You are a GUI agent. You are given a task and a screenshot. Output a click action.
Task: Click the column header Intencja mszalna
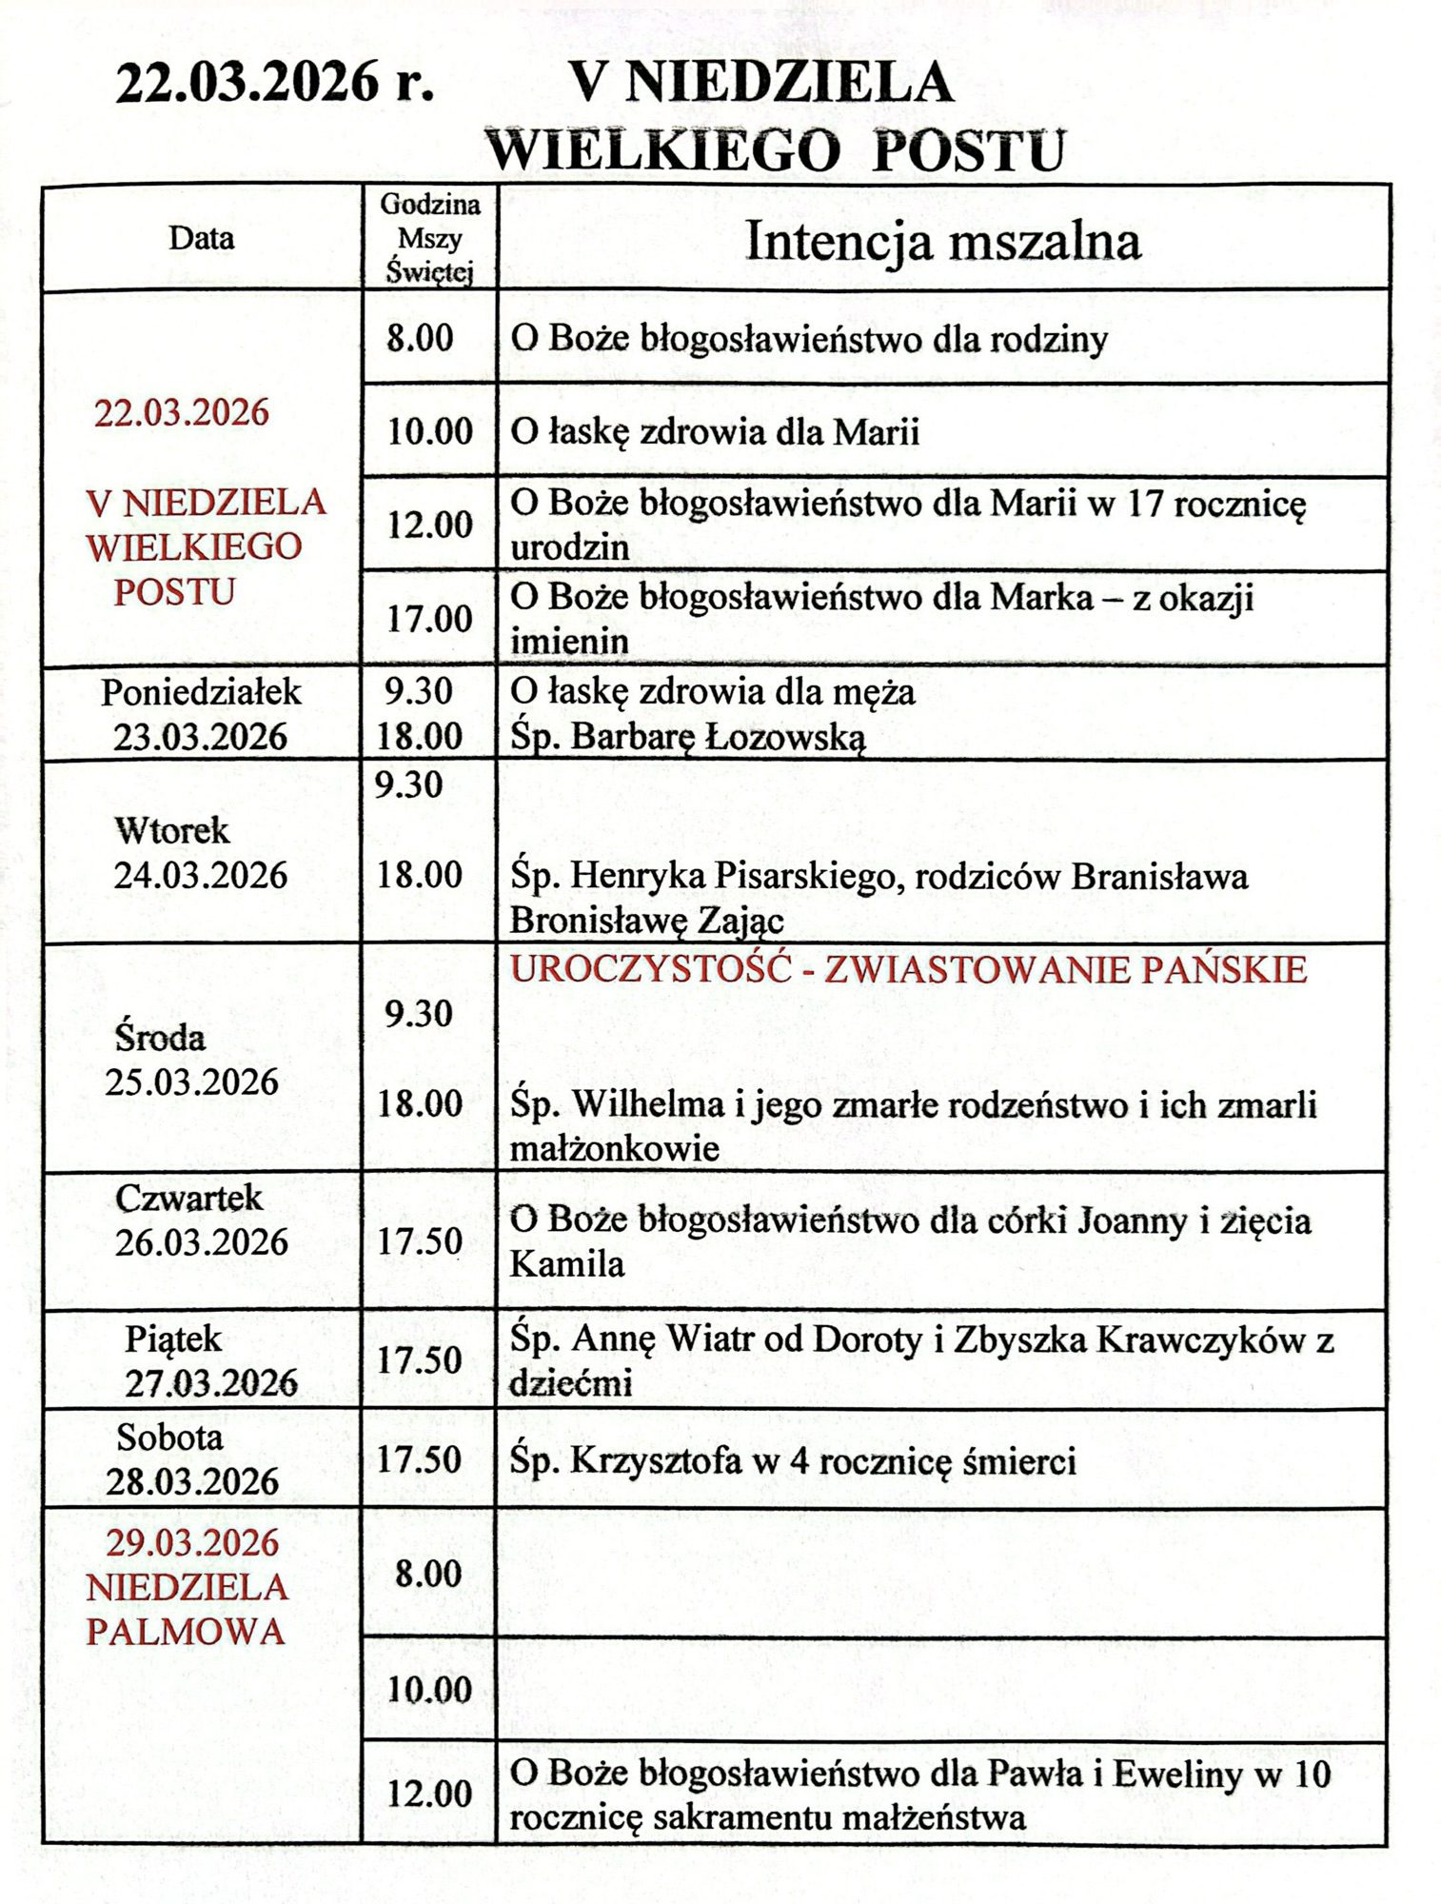[x=942, y=241]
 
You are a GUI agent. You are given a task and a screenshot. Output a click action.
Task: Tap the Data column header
[x=202, y=237]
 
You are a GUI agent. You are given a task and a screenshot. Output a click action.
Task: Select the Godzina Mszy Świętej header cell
[x=430, y=238]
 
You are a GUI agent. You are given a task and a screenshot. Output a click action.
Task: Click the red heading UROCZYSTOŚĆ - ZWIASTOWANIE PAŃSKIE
[x=909, y=970]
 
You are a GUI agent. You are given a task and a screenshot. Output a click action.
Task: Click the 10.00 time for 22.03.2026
[x=430, y=432]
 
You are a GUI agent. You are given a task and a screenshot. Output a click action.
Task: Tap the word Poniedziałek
[x=202, y=692]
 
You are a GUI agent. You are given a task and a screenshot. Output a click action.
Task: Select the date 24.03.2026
[x=200, y=875]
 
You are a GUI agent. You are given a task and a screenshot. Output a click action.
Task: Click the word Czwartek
[x=188, y=1198]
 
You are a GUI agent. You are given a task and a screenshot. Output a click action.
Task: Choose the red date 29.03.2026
[x=192, y=1542]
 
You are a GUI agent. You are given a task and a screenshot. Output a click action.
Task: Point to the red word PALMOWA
[x=187, y=1633]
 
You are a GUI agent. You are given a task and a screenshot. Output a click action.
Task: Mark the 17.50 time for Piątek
[x=420, y=1360]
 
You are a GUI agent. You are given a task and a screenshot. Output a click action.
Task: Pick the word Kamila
[x=567, y=1263]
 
